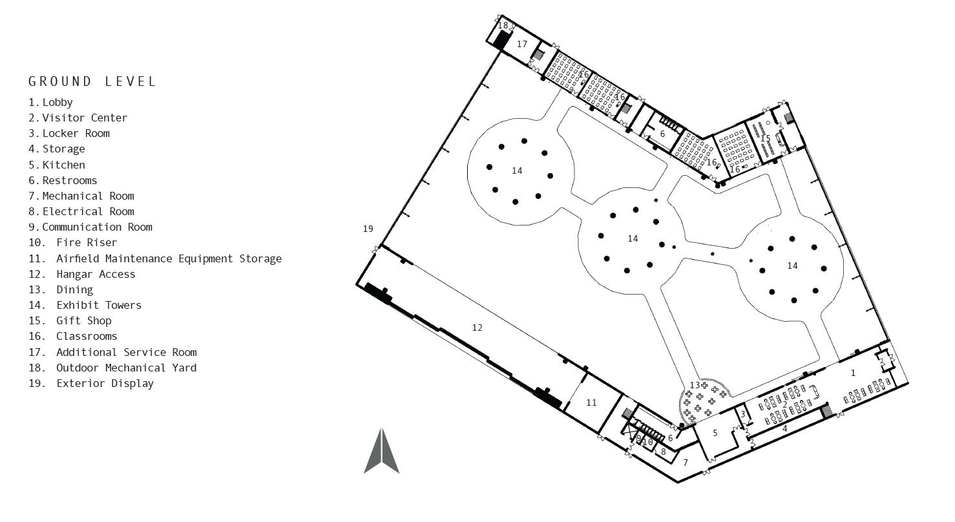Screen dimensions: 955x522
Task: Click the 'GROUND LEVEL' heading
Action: [92, 81]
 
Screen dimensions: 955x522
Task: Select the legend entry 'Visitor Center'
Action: [85, 118]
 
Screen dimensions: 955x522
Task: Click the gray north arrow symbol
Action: [382, 452]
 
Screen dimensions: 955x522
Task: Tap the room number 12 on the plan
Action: [477, 328]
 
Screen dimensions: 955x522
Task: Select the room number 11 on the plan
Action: [591, 402]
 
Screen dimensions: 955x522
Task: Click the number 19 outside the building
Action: [368, 229]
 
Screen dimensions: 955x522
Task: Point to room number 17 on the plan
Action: [522, 45]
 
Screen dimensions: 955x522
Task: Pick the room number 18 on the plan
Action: [503, 25]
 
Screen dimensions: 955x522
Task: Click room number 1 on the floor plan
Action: [853, 373]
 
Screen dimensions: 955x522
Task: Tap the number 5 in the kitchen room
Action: [715, 433]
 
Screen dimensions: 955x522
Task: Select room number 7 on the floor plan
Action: [686, 463]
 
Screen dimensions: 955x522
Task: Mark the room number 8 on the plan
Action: [663, 452]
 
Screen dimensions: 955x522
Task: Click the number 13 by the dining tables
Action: [695, 385]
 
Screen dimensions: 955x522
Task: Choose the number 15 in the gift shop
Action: [765, 138]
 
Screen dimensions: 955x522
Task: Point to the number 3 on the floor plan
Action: [742, 415]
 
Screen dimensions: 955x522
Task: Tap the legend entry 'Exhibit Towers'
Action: [98, 305]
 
